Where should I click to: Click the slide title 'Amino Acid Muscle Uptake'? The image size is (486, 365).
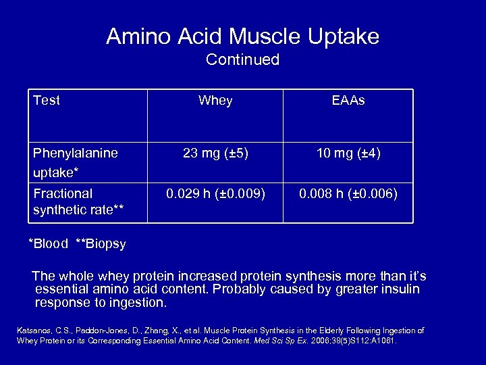point(242,36)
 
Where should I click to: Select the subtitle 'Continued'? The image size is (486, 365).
point(242,60)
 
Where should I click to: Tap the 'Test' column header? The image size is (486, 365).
point(47,101)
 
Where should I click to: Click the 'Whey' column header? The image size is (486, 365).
point(215,101)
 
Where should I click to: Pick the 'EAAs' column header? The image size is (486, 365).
point(348,101)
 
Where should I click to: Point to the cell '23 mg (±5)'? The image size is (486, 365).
point(215,153)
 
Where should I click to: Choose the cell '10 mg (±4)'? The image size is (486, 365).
point(348,153)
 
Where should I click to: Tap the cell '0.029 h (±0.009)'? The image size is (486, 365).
point(215,194)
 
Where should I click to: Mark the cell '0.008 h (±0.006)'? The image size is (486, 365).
point(348,194)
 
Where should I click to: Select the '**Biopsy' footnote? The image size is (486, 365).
point(101,244)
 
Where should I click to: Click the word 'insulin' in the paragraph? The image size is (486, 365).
point(399,289)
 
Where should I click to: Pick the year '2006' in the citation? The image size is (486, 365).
point(321,341)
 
